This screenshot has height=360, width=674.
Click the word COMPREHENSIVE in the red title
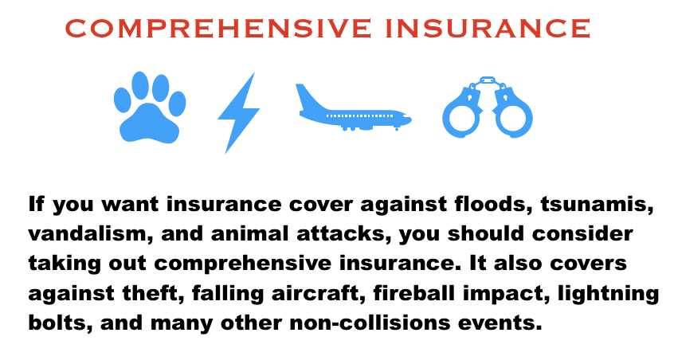click(x=218, y=29)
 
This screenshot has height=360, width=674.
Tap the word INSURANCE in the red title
click(x=488, y=29)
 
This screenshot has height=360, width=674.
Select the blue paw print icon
click(x=150, y=107)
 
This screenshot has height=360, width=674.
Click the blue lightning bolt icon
click(x=238, y=112)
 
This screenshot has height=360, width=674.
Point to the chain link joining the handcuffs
click(x=488, y=81)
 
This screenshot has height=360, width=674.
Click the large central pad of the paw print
click(x=149, y=124)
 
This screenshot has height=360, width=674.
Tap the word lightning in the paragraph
click(x=608, y=294)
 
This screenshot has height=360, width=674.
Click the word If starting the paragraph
click(x=36, y=204)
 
